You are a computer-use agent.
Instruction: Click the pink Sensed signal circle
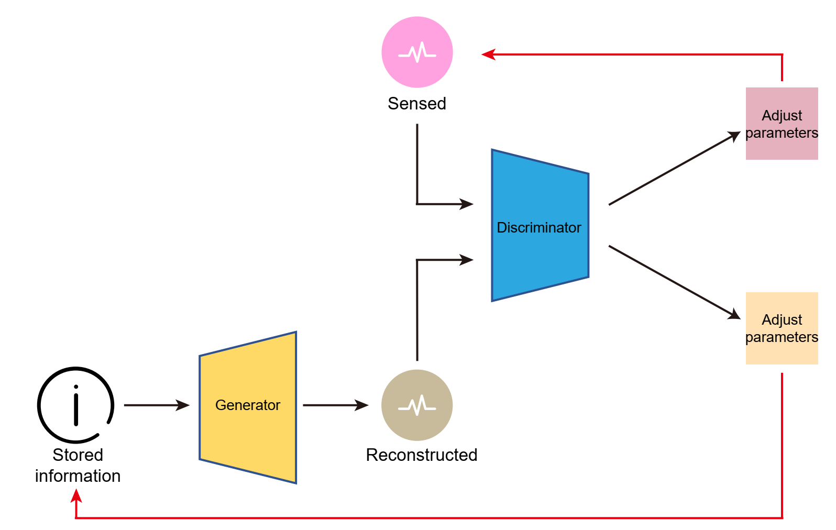click(417, 52)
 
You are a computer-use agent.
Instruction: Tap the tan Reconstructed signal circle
click(417, 405)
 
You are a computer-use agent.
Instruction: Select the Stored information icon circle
click(76, 405)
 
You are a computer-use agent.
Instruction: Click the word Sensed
click(417, 104)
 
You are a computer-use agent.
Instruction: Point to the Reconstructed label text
click(422, 455)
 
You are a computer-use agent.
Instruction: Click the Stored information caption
click(78, 466)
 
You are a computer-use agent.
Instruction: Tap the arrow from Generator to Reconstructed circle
click(335, 405)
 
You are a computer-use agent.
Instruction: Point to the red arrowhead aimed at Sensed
click(488, 54)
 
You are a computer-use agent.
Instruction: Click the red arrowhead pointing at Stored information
click(76, 495)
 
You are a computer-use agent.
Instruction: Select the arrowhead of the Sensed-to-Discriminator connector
click(466, 204)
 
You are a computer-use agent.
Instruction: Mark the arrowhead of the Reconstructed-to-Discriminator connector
click(466, 259)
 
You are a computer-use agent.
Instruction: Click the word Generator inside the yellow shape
click(248, 405)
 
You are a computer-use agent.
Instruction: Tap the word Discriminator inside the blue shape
click(539, 227)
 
